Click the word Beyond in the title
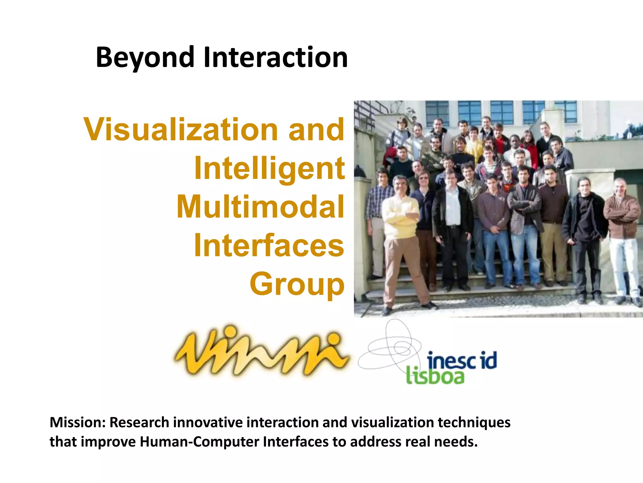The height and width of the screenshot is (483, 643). point(145,58)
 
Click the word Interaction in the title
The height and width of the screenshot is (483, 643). point(275,58)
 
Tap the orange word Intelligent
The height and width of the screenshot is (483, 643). point(269,168)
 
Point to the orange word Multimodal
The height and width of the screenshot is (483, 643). point(260,207)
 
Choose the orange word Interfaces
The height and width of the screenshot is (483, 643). point(269,245)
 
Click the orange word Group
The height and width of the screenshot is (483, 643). point(297,284)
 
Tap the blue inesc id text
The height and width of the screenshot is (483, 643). point(462,361)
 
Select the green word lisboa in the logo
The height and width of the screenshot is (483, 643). point(435,376)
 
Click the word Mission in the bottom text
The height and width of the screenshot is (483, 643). point(77,422)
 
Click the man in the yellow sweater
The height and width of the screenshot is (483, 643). point(400,220)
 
